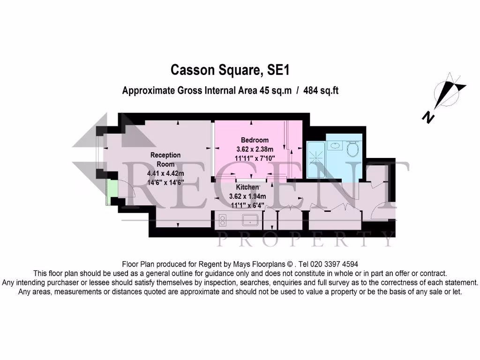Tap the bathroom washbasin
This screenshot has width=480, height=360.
tap(336, 145)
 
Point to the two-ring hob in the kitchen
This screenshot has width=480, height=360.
tap(223, 220)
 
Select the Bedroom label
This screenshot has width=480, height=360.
tap(255, 140)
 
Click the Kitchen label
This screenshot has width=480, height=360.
tap(247, 187)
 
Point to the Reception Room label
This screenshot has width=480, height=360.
tap(165, 159)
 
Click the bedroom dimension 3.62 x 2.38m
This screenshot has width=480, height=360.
tap(255, 149)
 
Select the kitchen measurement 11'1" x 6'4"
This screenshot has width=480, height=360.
tap(247, 205)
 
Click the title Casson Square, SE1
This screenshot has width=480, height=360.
tap(230, 70)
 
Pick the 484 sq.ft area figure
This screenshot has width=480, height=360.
tap(321, 91)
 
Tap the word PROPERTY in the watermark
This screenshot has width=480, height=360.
tap(307, 240)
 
